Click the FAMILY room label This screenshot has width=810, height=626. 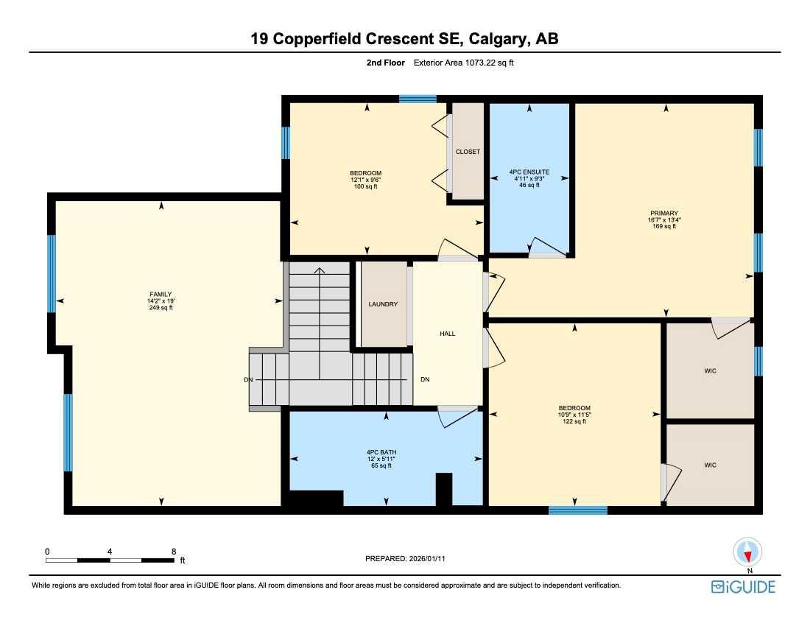point(161,294)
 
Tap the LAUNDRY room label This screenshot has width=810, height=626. point(383,304)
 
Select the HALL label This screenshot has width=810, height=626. point(447,334)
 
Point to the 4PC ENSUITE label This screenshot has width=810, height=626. point(529,172)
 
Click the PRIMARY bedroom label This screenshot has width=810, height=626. point(663,213)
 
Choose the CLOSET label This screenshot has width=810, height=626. point(468,152)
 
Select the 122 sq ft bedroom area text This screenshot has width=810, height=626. point(574,421)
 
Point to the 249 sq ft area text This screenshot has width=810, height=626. point(161,308)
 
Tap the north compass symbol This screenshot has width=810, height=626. point(748,554)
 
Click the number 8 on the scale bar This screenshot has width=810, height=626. point(174,551)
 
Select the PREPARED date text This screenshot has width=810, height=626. point(405,559)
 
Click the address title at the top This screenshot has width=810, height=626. point(404,39)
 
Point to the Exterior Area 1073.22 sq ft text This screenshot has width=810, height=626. point(463,63)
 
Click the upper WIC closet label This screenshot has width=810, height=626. point(710,370)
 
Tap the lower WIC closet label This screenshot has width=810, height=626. point(710,465)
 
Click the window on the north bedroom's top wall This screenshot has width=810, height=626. point(418,99)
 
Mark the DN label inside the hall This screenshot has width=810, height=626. point(425,379)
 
